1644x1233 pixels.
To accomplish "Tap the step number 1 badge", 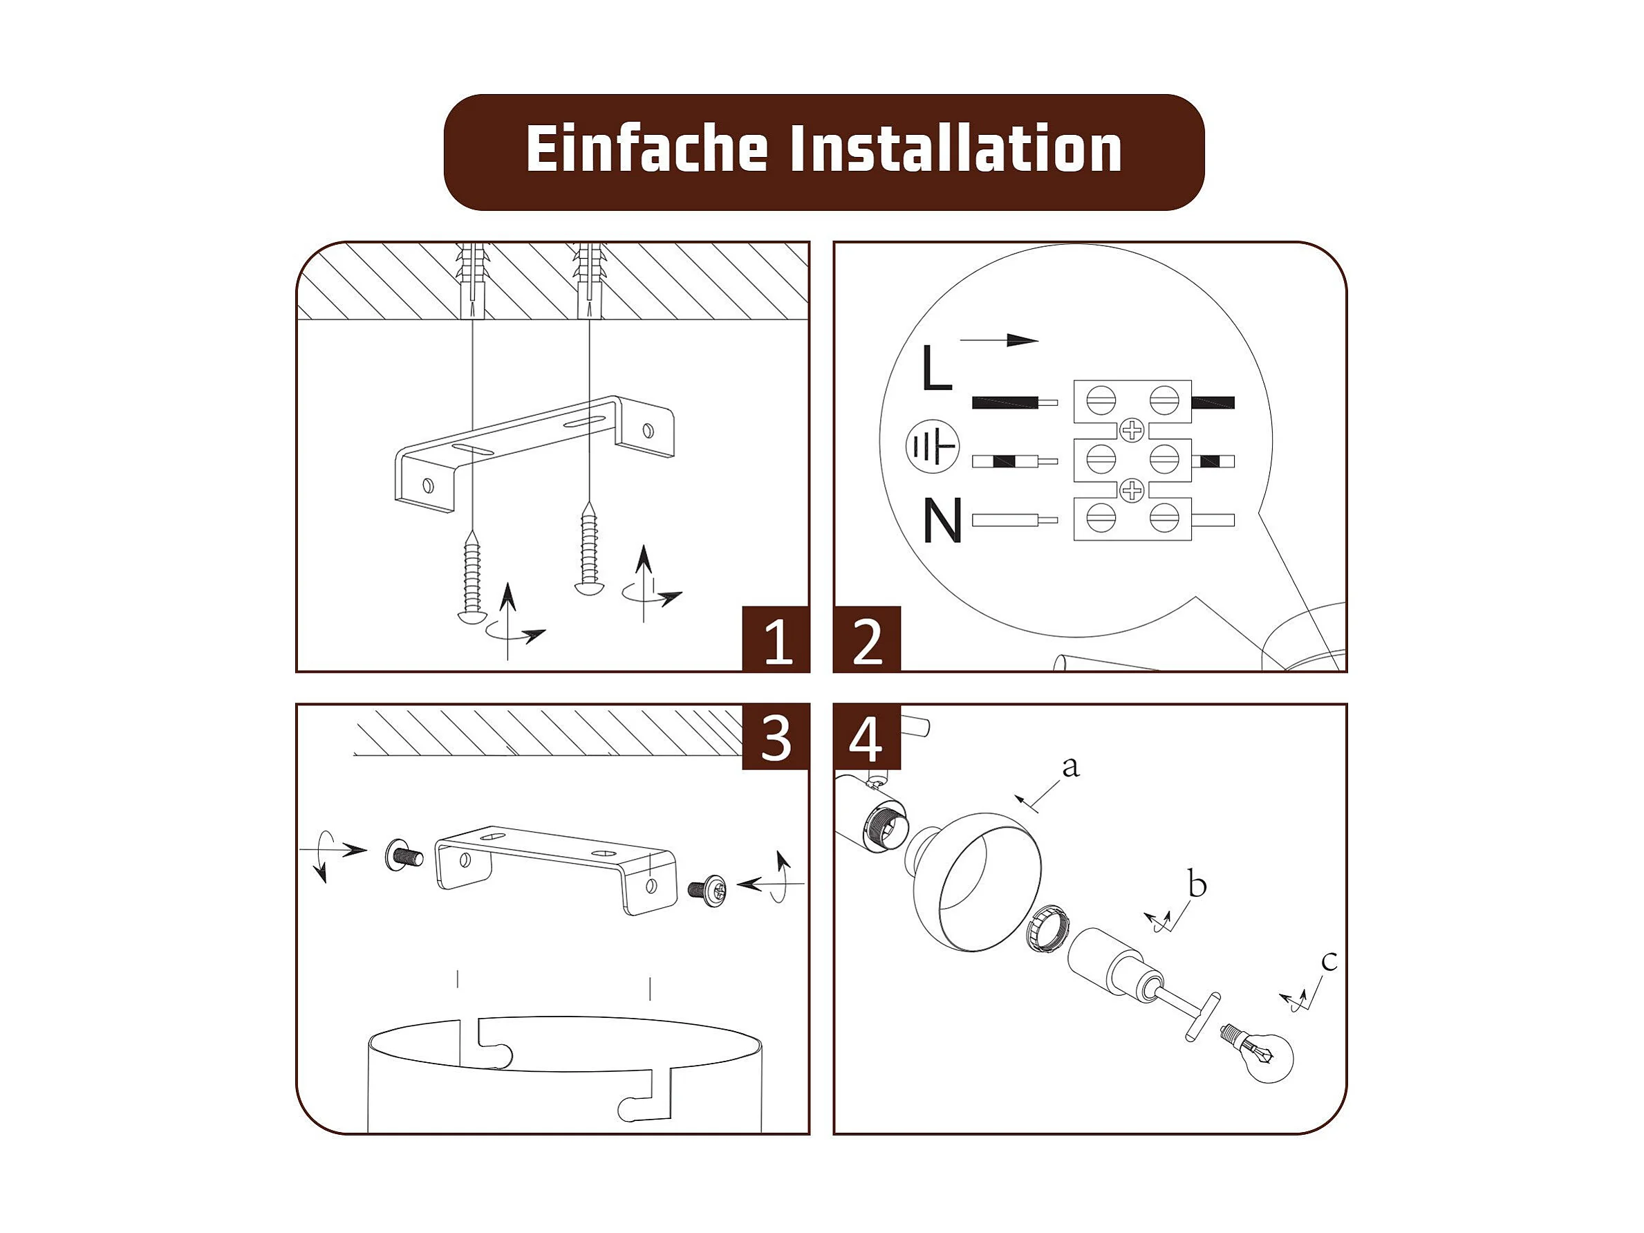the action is pos(776,639).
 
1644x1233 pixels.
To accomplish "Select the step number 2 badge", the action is pos(868,639).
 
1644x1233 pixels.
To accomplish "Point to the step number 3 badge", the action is pos(776,736).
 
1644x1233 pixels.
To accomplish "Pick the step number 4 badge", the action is pos(868,736).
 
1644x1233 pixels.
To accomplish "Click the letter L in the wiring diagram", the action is pos(937,367).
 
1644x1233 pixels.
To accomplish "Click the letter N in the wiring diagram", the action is pos(942,519).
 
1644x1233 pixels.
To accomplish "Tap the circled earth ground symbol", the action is pos(933,447).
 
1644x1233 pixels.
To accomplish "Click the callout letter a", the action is pos(1070,766).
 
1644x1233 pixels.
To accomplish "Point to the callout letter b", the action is pos(1197,884).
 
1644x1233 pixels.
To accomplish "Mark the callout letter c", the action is pos(1329,961).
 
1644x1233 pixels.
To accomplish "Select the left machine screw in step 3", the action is pos(404,855).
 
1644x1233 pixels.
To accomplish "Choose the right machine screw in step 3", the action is pos(707,888).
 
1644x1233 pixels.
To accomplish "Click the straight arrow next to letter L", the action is pos(1000,340).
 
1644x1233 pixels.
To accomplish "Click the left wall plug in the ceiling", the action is pos(472,281).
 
